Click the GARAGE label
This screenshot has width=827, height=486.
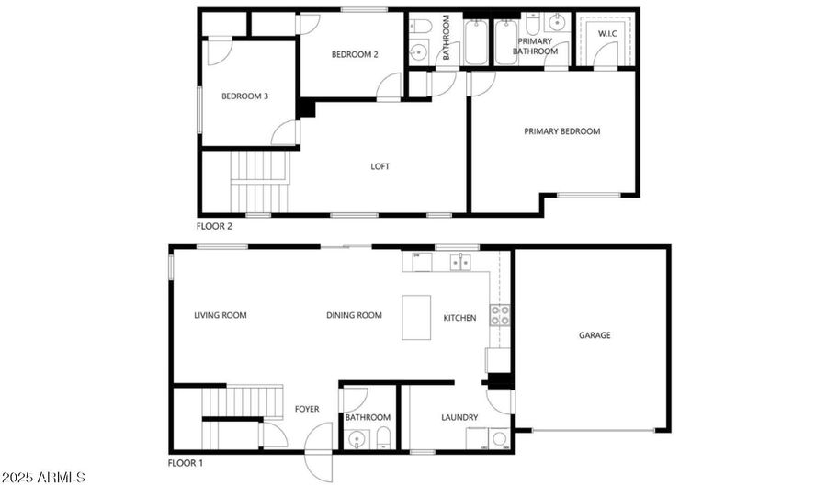coord(595,335)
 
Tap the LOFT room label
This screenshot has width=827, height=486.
coord(380,166)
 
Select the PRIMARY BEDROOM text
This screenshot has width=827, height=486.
coord(561,131)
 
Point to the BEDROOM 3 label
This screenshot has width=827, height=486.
coord(244,96)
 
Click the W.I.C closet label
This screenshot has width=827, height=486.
coord(607,34)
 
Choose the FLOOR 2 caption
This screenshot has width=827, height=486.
coord(214,227)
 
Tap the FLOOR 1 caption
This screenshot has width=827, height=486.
coord(185,463)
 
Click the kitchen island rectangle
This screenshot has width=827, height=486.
coord(416,317)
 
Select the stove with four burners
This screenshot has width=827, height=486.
coord(500,315)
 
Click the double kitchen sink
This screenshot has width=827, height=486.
coord(460,262)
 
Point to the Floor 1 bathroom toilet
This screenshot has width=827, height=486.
coord(383,438)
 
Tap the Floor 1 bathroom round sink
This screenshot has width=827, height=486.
coord(357,438)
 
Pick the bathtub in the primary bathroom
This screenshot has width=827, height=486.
coord(506,42)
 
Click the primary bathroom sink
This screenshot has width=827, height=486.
coord(557,23)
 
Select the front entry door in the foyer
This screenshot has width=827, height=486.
coord(319,452)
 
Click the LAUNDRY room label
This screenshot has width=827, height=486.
coord(459,417)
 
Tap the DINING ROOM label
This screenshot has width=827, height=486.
coord(354,315)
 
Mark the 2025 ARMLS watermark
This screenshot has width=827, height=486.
coord(42,478)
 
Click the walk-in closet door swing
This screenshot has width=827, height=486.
coord(606,55)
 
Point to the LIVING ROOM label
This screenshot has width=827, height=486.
coord(221,315)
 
